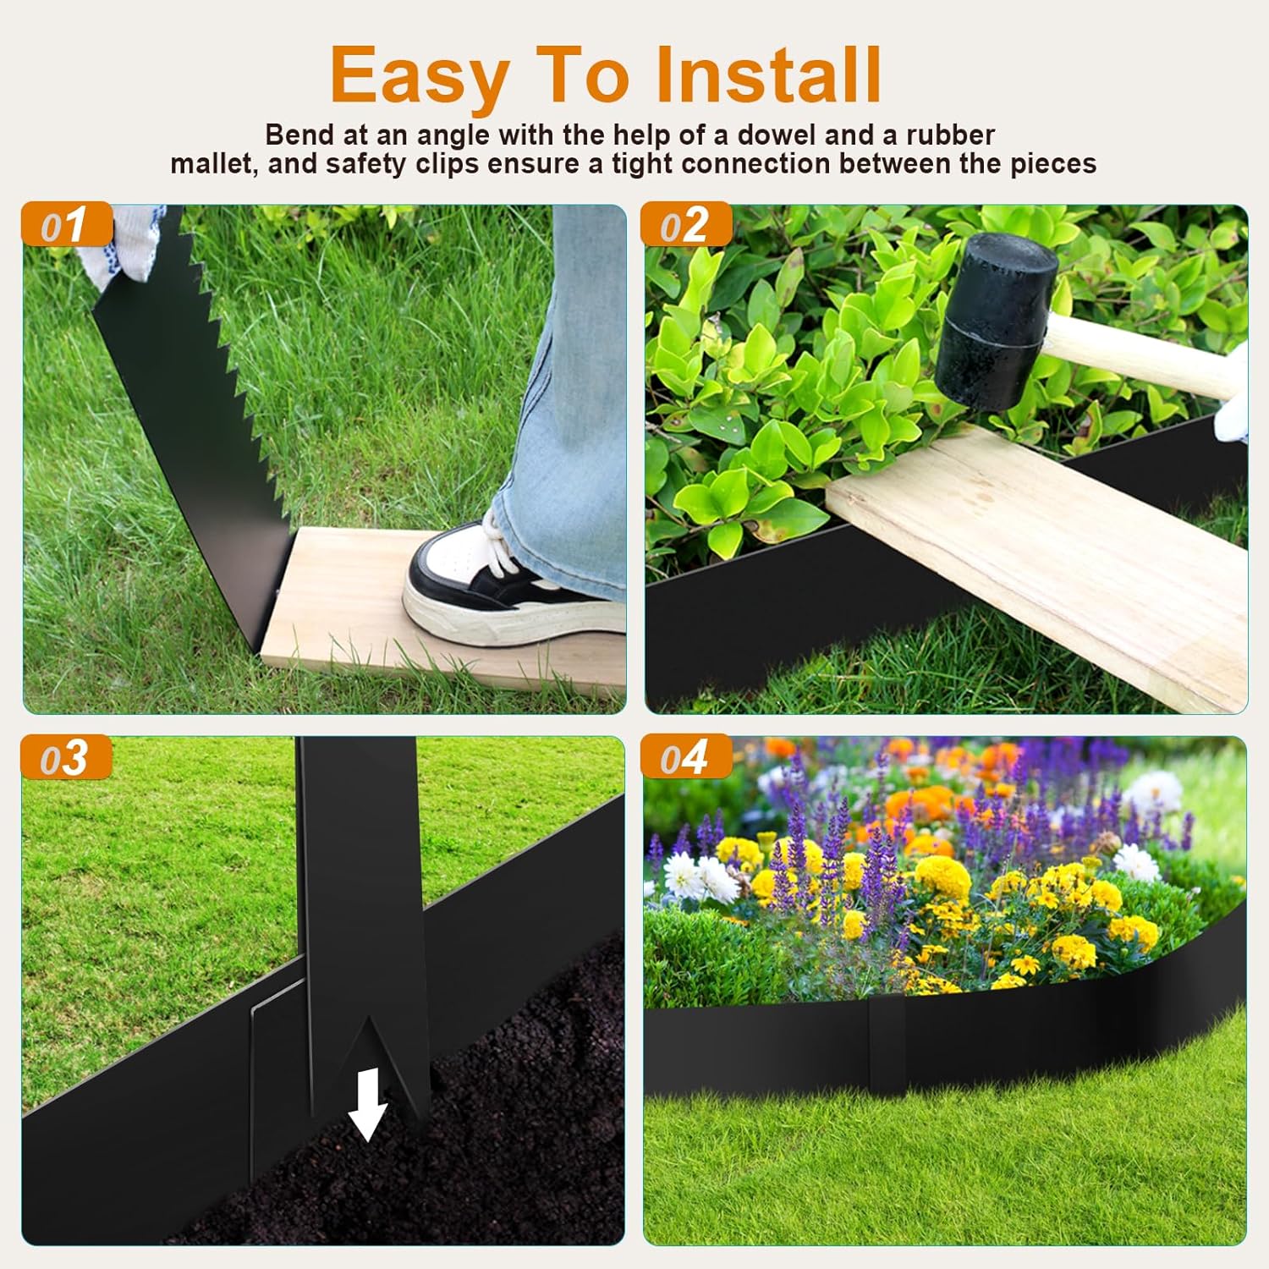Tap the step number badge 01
(66, 225)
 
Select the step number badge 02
(685, 225)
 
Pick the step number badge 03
(66, 757)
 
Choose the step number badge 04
(685, 757)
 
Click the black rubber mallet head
(996, 321)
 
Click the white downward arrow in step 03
(368, 1104)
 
